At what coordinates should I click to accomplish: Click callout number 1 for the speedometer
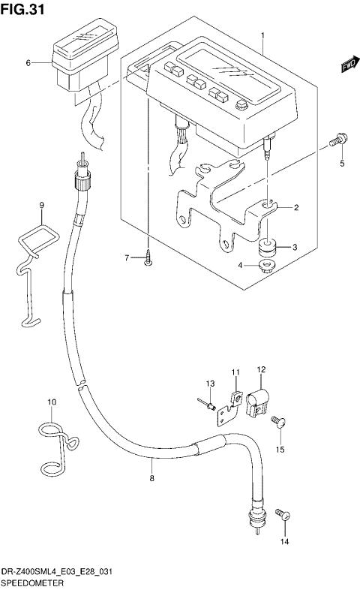point(263,35)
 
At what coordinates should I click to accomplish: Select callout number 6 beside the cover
point(28,63)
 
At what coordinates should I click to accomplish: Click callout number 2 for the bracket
point(295,208)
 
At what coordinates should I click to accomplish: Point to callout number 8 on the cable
point(151,477)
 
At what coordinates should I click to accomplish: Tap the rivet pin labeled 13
point(205,405)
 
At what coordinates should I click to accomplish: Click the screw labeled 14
point(283,514)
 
